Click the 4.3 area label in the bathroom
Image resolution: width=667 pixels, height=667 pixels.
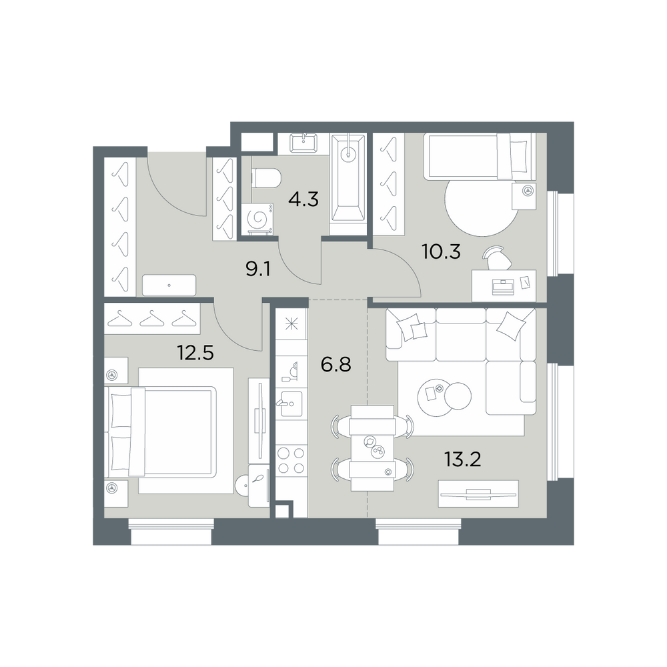(x=303, y=199)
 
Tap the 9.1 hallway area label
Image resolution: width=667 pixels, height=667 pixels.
(x=258, y=269)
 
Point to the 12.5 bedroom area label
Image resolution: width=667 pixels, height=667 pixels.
(x=195, y=353)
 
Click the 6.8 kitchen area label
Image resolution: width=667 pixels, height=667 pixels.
(x=336, y=365)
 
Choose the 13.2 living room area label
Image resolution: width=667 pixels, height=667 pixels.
(x=462, y=459)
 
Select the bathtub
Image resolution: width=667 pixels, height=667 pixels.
(x=348, y=184)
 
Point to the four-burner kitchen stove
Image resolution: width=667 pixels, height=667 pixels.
(x=291, y=461)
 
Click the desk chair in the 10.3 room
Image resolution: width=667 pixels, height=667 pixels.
(x=498, y=257)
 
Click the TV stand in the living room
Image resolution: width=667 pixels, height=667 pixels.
(x=478, y=494)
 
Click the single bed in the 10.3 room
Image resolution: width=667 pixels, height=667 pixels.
(x=480, y=156)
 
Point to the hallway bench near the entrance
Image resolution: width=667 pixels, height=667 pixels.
(x=169, y=285)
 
